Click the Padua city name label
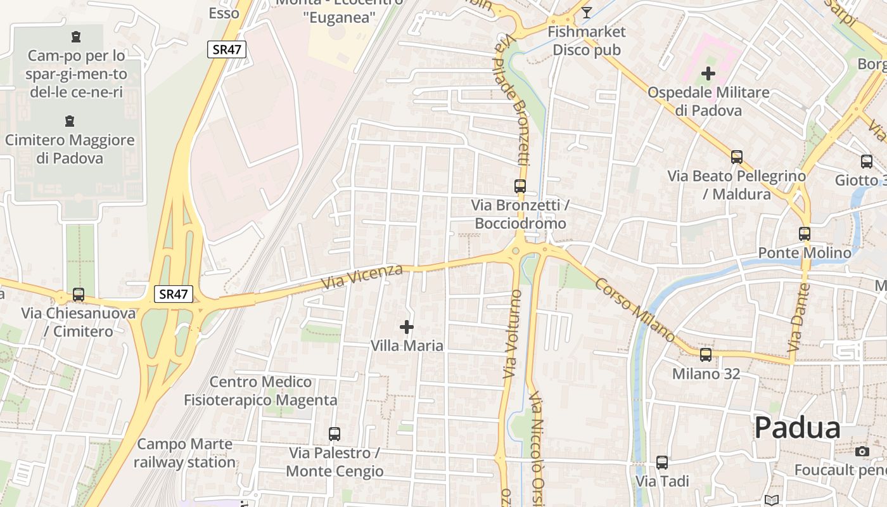pyautogui.click(x=797, y=428)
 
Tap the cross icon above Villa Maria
pyautogui.click(x=407, y=327)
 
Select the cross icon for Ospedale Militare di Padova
pyautogui.click(x=708, y=74)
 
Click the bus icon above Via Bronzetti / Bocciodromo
pyautogui.click(x=520, y=186)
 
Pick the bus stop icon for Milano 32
pyautogui.click(x=706, y=355)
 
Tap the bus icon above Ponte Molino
pyautogui.click(x=805, y=234)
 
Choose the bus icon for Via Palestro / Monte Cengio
pyautogui.click(x=335, y=434)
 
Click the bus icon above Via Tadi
pyautogui.click(x=662, y=463)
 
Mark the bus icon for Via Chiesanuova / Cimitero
pyautogui.click(x=79, y=295)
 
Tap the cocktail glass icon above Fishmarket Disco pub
pyautogui.click(x=587, y=13)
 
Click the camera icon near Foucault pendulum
pyautogui.click(x=862, y=451)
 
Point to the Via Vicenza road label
pyautogui.click(x=362, y=278)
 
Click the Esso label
pyautogui.click(x=224, y=13)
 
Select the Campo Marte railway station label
pyautogui.click(x=184, y=453)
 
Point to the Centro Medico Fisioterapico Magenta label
pyautogui.click(x=260, y=391)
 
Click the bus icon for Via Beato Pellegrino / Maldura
pyautogui.click(x=737, y=157)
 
